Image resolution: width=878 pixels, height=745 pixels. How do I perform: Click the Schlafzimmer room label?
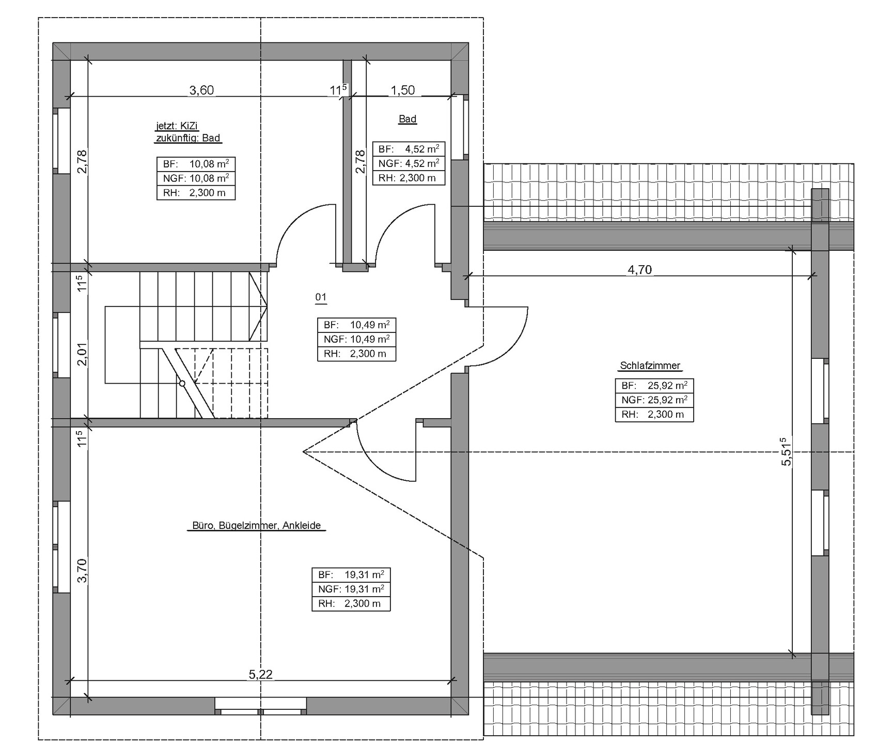tap(650, 366)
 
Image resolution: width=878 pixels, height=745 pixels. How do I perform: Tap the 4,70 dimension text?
tap(639, 269)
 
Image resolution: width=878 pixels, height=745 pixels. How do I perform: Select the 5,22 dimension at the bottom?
tap(260, 674)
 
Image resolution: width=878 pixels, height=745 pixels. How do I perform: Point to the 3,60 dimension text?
tap(201, 90)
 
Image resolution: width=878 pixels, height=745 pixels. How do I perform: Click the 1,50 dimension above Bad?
tap(402, 90)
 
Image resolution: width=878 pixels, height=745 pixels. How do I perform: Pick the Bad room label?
tap(407, 119)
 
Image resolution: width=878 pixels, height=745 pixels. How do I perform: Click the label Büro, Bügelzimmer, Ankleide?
tap(256, 526)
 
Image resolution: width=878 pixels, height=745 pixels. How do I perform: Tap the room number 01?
tap(321, 297)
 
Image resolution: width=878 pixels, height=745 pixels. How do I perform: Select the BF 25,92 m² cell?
tap(654, 386)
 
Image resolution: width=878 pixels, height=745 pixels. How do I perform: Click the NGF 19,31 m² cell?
tap(351, 589)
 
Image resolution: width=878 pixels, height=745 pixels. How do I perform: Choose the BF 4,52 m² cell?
tap(409, 149)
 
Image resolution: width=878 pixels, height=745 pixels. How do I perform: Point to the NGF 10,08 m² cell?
tap(196, 178)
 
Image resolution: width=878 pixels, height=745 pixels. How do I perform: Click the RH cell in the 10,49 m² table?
tap(356, 354)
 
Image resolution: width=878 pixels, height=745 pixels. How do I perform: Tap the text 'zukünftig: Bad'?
tap(188, 138)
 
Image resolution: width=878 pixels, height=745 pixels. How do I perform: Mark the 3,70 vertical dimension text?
tap(82, 571)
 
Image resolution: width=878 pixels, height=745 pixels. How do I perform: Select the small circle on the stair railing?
tap(182, 384)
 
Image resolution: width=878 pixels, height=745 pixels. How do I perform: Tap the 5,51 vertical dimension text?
tap(786, 452)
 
